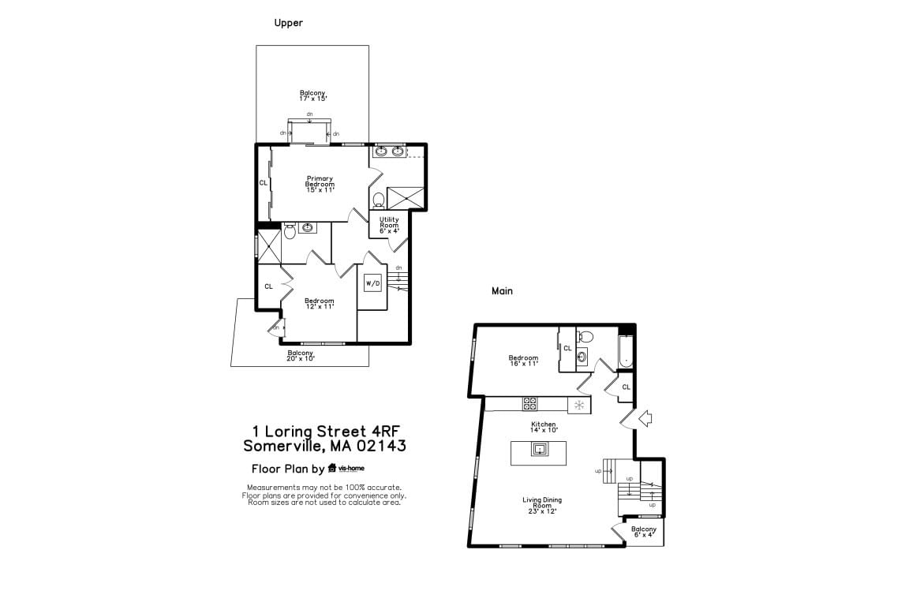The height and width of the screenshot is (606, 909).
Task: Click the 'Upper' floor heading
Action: (x=288, y=23)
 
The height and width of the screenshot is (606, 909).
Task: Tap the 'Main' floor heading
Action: (x=502, y=291)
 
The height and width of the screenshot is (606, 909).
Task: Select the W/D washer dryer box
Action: (x=372, y=283)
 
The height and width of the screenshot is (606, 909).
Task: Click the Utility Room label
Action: (x=389, y=225)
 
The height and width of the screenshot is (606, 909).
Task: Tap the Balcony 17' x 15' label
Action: (x=313, y=95)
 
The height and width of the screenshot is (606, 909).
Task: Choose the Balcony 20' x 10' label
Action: (x=301, y=356)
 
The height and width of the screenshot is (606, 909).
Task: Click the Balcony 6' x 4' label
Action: (x=644, y=532)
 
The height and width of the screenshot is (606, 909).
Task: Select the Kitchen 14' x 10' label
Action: (x=543, y=428)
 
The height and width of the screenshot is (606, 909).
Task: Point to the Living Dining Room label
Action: (x=542, y=506)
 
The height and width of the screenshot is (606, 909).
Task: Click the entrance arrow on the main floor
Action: (x=645, y=418)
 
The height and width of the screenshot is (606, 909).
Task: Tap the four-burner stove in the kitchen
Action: (x=530, y=404)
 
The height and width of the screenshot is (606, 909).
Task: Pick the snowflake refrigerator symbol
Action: (x=579, y=405)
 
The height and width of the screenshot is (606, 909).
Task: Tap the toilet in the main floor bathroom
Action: (x=585, y=336)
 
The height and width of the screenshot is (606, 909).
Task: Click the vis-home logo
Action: (x=346, y=468)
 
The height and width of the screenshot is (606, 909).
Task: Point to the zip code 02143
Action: (x=381, y=446)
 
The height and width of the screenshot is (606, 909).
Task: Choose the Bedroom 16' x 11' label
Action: (x=523, y=361)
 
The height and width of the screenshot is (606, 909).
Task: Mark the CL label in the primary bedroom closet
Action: (x=264, y=183)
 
